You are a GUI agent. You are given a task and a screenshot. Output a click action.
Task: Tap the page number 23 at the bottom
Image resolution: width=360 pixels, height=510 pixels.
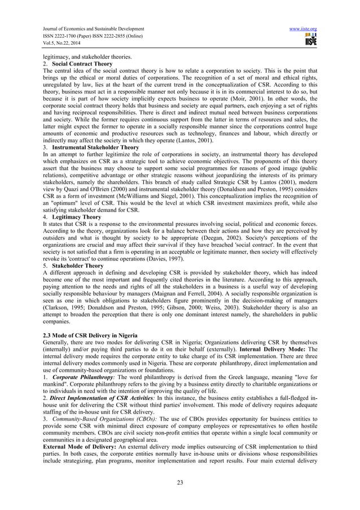click(180, 481)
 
